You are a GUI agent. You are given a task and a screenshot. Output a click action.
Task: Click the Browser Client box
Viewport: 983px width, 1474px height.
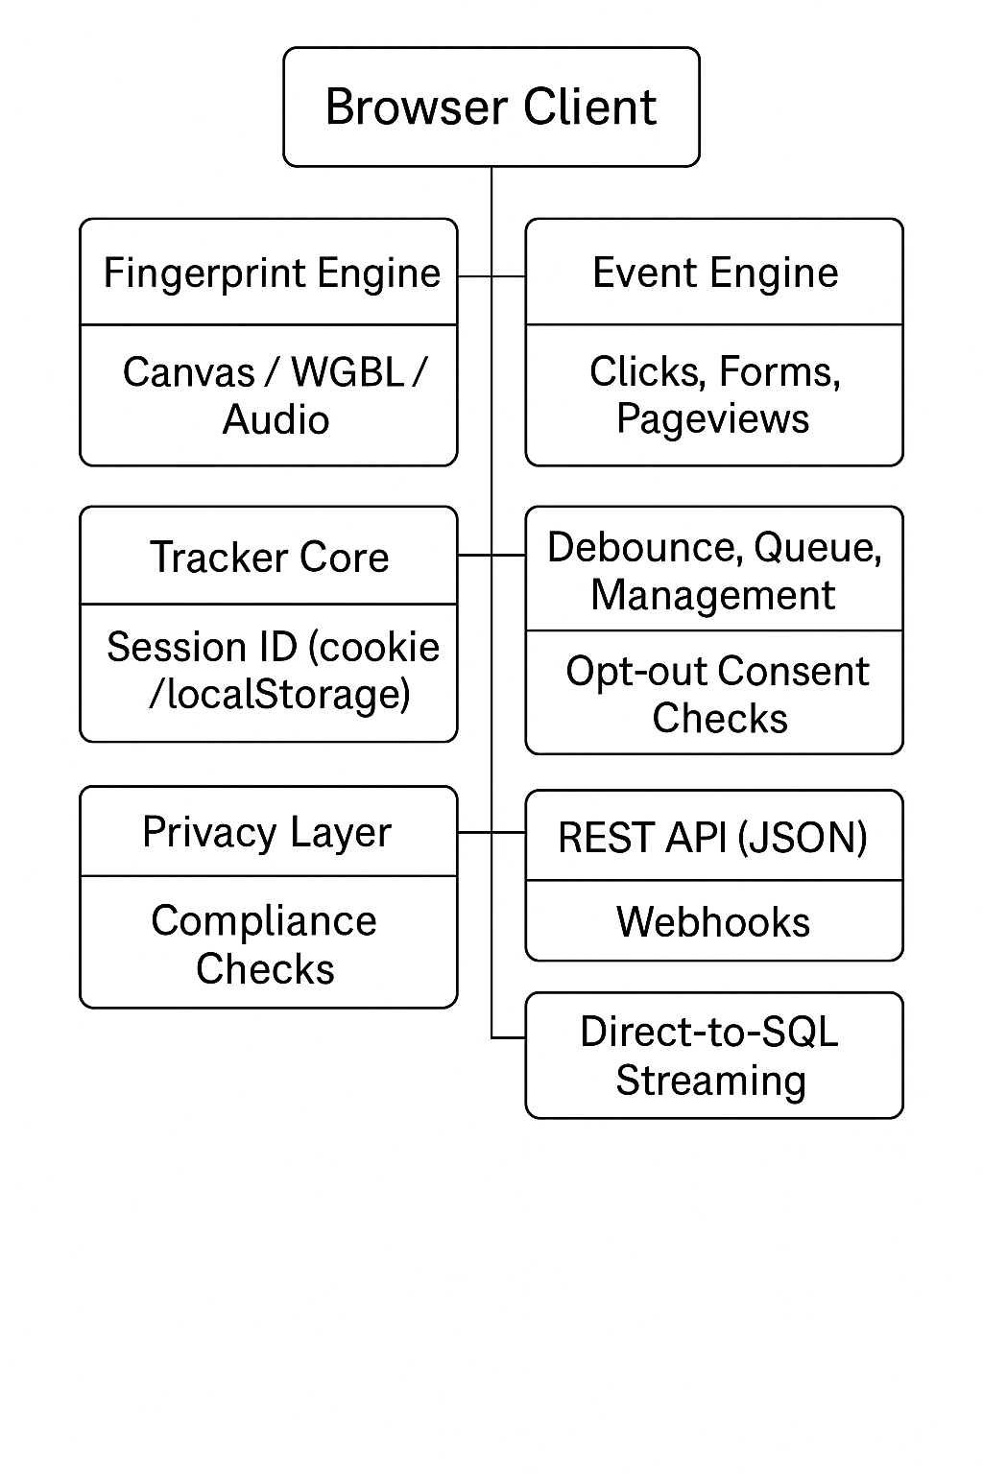491,107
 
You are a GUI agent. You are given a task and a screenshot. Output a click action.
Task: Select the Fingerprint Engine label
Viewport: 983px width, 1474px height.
272,273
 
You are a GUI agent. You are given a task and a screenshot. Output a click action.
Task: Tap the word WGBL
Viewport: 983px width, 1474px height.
348,372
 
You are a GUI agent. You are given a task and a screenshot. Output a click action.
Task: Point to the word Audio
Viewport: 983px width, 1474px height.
276,420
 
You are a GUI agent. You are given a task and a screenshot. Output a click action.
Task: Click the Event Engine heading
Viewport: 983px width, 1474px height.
715,273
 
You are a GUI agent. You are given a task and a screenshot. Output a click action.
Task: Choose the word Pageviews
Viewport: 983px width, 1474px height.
712,419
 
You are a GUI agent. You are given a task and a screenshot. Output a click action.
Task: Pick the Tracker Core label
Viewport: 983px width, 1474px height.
270,558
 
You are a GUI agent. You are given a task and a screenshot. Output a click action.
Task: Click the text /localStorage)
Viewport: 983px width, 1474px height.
279,694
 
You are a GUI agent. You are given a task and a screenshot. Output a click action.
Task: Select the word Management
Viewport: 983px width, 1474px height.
712,595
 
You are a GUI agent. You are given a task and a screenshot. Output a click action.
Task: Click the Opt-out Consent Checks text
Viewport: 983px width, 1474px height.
717,695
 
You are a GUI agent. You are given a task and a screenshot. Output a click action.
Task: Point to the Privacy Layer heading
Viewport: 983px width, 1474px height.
267,832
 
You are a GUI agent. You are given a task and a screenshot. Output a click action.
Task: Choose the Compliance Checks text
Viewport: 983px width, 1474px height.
265,944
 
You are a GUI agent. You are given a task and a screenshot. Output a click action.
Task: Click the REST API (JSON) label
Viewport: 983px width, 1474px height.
712,838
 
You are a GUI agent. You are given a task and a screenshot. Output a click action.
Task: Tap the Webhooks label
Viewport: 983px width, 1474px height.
712,922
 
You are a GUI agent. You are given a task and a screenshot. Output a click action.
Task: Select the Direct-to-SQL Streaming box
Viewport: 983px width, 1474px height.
712,1056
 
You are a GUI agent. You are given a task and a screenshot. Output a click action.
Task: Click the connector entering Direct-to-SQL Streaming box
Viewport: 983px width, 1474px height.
509,1037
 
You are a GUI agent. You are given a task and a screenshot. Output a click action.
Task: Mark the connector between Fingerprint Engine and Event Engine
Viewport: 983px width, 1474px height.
491,276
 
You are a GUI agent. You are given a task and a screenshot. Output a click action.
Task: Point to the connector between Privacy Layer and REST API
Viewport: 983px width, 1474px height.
491,832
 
